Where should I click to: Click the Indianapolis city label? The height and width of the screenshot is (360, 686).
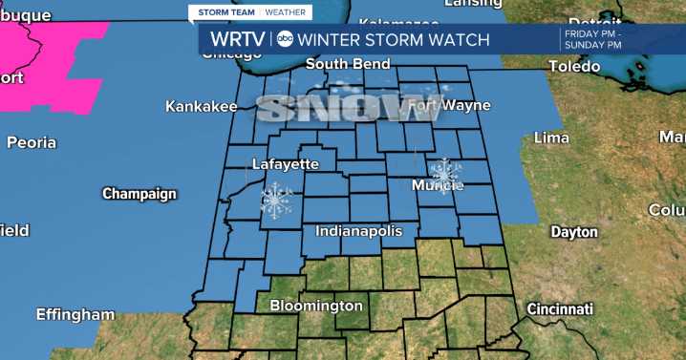tap(359, 231)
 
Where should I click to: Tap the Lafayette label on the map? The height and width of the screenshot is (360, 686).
tap(285, 164)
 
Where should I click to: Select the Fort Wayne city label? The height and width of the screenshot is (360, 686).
tap(449, 105)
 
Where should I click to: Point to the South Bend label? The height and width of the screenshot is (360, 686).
tap(348, 64)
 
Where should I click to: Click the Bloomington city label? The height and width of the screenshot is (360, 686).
tap(316, 306)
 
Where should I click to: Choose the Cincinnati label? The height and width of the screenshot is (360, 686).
tap(560, 309)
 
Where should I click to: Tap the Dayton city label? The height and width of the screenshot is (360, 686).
tap(574, 232)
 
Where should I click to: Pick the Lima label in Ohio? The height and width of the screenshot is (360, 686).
tap(551, 138)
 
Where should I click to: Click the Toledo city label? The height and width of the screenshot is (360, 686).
tap(574, 67)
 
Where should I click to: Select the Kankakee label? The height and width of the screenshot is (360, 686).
tap(201, 107)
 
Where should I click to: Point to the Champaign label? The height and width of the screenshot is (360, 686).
tap(139, 194)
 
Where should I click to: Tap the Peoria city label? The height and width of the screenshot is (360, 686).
tap(32, 143)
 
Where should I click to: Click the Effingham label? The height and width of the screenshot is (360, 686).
tap(75, 314)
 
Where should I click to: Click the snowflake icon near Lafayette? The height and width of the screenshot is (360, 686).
tap(277, 201)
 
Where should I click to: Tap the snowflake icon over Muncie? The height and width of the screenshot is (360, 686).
tap(444, 172)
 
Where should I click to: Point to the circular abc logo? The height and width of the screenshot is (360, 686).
tap(286, 39)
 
